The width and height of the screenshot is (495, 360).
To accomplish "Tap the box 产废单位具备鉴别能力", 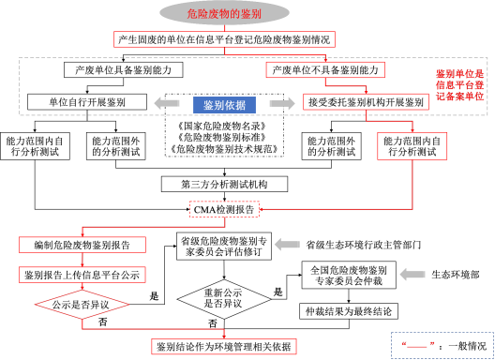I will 117,70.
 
